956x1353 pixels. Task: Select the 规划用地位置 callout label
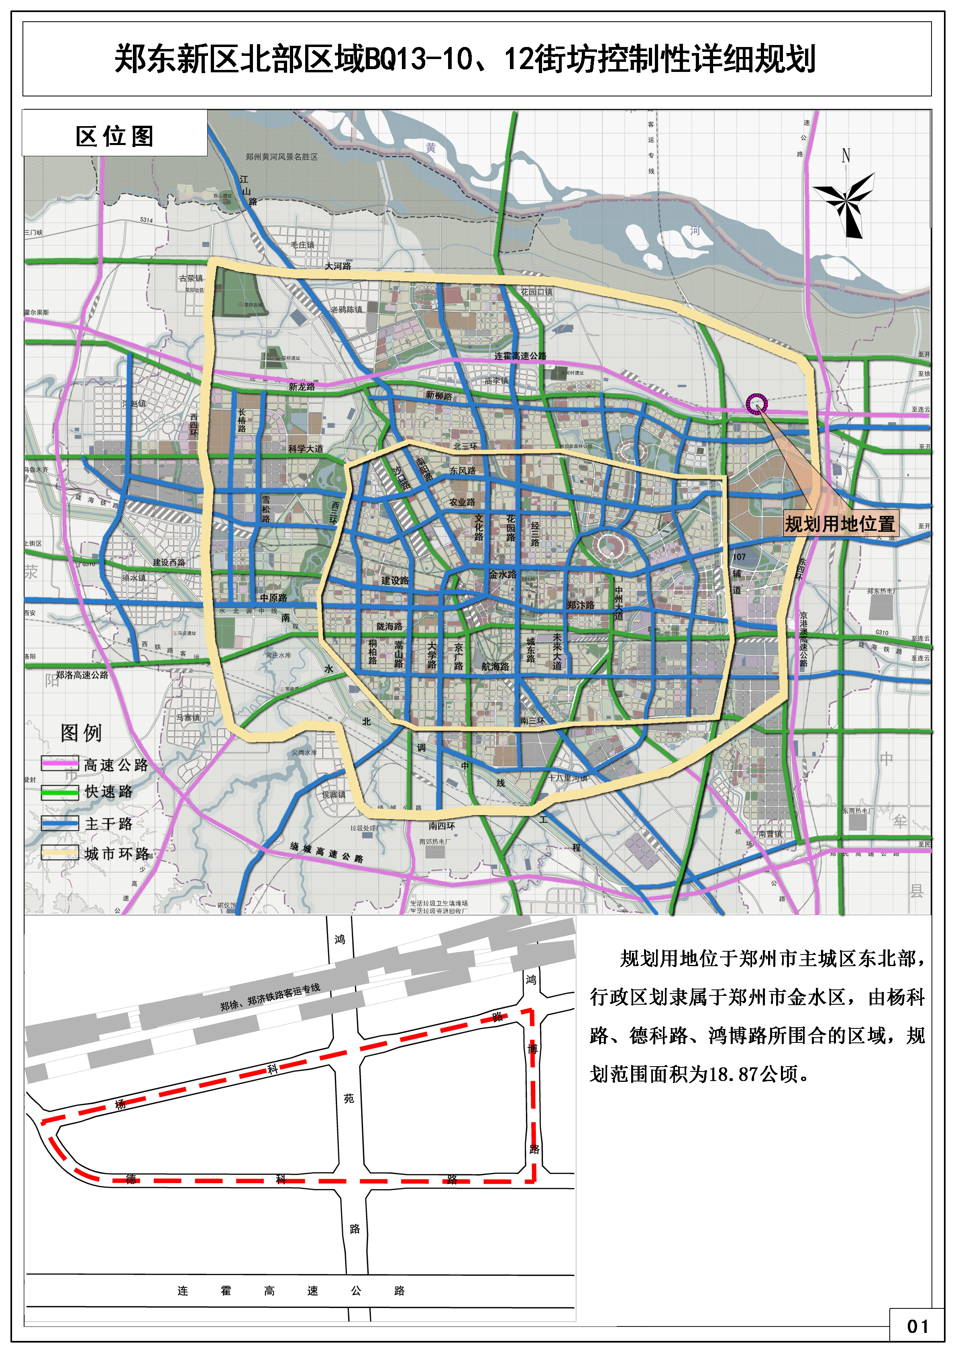pyautogui.click(x=840, y=524)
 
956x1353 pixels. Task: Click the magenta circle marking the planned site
pyautogui.click(x=756, y=404)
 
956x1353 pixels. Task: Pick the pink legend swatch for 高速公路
pyautogui.click(x=59, y=764)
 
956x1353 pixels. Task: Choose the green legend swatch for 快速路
pyautogui.click(x=59, y=793)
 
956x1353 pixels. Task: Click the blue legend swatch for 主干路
pyautogui.click(x=59, y=823)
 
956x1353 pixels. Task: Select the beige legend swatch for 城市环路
pyautogui.click(x=59, y=853)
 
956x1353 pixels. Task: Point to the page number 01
pyautogui.click(x=917, y=1326)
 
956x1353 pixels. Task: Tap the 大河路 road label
pyautogui.click(x=338, y=266)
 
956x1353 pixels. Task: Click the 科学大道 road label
pyautogui.click(x=306, y=449)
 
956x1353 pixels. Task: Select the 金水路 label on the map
pyautogui.click(x=502, y=574)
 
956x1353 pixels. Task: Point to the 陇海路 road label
pyautogui.click(x=389, y=626)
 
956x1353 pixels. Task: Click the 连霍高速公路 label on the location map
pyautogui.click(x=520, y=356)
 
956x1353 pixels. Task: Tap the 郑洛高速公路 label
pyautogui.click(x=82, y=675)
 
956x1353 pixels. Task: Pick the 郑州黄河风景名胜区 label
pyautogui.click(x=281, y=157)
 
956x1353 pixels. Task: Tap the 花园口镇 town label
pyautogui.click(x=536, y=292)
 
